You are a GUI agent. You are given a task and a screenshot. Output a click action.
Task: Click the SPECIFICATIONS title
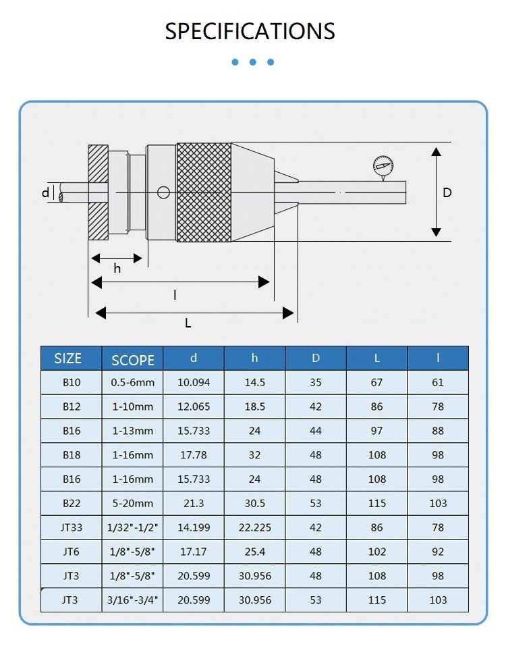tap(250, 31)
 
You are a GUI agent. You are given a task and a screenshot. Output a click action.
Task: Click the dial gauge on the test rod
tap(382, 165)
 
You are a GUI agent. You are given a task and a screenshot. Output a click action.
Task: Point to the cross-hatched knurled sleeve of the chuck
tap(203, 192)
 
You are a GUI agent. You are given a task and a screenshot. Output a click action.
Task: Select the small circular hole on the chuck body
tap(163, 193)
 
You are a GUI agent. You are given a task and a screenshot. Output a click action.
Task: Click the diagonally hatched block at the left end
tap(99, 193)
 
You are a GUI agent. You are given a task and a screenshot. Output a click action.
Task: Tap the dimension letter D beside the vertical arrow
tap(447, 192)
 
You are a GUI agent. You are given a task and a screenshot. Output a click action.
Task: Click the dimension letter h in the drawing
tap(117, 269)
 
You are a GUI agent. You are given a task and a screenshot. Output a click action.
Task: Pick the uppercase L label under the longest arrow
tap(188, 323)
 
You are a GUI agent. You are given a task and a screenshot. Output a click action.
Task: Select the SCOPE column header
tap(133, 359)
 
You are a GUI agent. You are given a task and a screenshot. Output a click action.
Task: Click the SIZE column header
tap(68, 359)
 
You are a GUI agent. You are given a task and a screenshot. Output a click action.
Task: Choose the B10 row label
tap(72, 383)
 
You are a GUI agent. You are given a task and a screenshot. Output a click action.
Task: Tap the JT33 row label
tap(72, 528)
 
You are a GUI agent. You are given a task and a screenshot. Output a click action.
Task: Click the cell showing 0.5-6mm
tap(133, 383)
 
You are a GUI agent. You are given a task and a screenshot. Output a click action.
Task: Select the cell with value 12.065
tap(194, 407)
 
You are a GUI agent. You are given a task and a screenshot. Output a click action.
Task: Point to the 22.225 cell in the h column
tap(254, 528)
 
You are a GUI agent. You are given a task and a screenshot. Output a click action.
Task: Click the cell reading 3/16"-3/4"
tap(133, 600)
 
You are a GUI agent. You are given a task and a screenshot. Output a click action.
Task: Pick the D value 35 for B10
tap(316, 383)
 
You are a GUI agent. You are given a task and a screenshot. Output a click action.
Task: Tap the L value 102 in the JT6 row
tap(376, 552)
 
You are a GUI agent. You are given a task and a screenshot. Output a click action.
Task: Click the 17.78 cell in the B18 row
tap(194, 455)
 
